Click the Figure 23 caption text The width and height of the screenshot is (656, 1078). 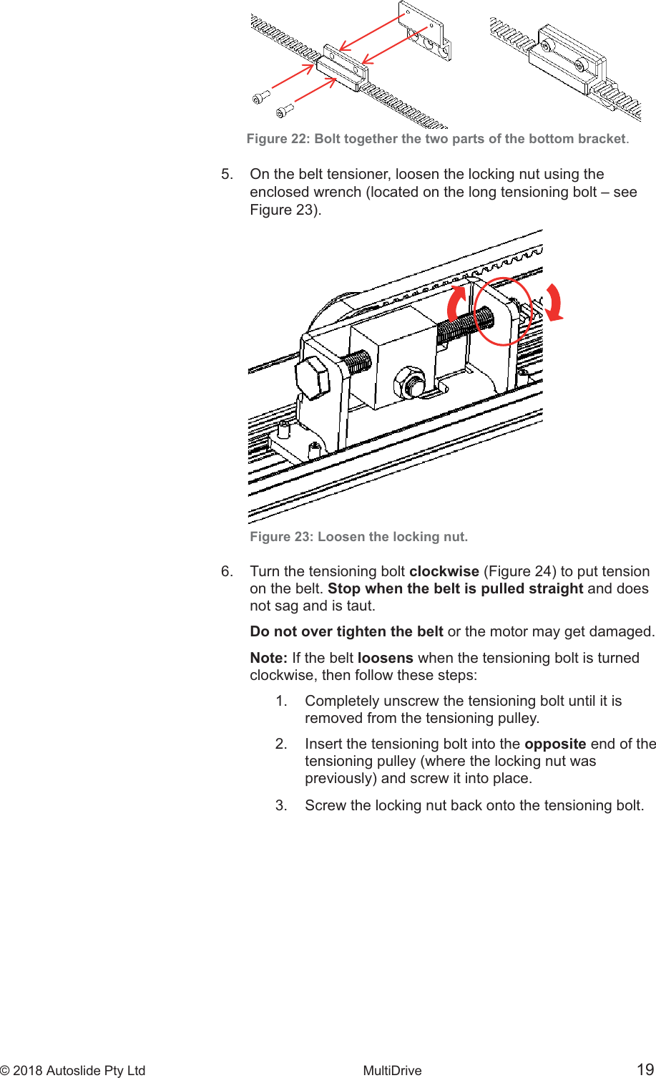pos(358,537)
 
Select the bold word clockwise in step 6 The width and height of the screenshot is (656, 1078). pos(444,571)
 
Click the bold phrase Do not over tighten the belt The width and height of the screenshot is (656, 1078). pos(346,632)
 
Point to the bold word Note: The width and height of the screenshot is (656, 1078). pos(269,658)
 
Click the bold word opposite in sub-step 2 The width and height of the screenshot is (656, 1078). pos(555,744)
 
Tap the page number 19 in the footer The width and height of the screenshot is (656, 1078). pos(645,1070)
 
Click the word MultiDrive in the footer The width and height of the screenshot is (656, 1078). pos(392,1071)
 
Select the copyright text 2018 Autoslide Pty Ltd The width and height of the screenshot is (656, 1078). pos(79,1071)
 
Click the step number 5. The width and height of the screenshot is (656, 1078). pos(227,175)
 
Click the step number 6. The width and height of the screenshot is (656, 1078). pos(227,571)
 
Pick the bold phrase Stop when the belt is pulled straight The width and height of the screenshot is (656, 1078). pos(455,588)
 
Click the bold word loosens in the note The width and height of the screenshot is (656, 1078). pos(385,658)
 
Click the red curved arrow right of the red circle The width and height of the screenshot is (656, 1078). pos(554,301)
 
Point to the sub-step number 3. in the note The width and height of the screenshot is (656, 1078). pos(282,805)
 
